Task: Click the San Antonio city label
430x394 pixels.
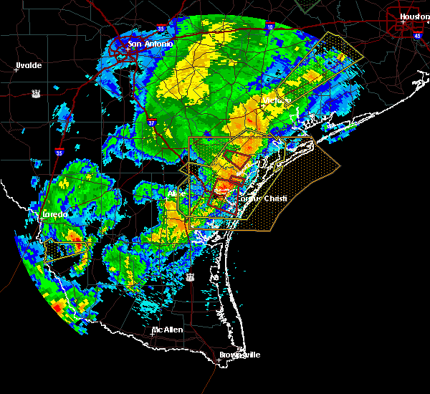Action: [x=150, y=44]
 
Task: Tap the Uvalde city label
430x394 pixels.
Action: [x=29, y=65]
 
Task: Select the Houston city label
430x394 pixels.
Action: [x=414, y=16]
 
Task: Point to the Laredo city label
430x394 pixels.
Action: [x=52, y=214]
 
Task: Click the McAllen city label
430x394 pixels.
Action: [x=167, y=330]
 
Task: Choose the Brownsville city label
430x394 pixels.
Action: [x=239, y=355]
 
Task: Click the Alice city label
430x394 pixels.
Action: [x=176, y=194]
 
